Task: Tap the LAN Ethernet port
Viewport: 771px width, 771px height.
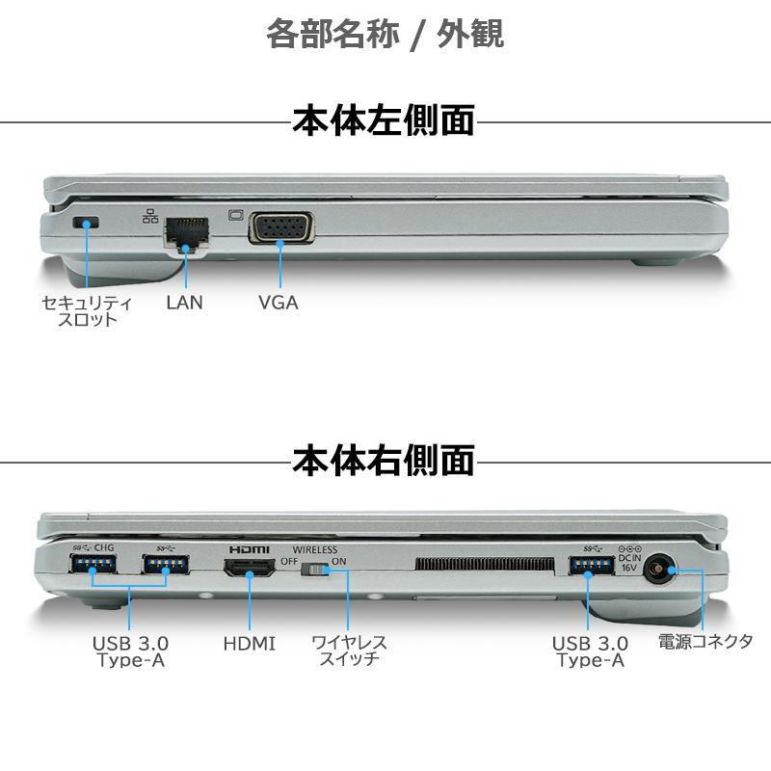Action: [x=186, y=232]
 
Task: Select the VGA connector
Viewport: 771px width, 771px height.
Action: [x=280, y=230]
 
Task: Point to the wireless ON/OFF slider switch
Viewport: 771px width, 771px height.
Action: [x=315, y=571]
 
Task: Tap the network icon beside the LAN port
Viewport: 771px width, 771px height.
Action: [x=150, y=216]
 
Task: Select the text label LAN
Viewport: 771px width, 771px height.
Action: [x=184, y=302]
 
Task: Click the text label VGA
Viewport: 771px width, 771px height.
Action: [x=279, y=302]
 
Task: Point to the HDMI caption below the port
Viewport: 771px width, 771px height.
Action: [x=249, y=643]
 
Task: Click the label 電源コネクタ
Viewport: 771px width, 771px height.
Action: [x=705, y=641]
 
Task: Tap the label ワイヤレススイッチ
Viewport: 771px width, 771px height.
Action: [x=350, y=651]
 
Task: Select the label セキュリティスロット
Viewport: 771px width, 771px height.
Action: [x=87, y=310]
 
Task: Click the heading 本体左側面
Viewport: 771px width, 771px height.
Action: [x=384, y=121]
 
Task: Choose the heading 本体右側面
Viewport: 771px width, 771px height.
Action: [x=384, y=460]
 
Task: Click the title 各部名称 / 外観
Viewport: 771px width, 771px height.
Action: [x=385, y=34]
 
